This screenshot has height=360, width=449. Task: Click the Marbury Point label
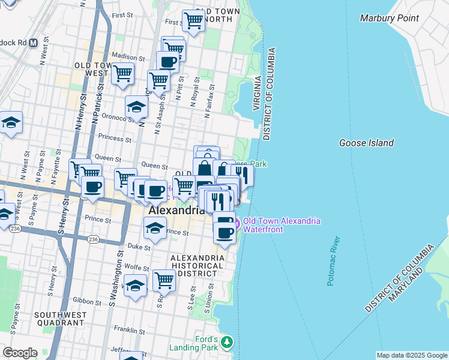coord(389,18)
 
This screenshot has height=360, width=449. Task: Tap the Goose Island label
coord(366,143)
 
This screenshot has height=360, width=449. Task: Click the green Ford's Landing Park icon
coord(226,343)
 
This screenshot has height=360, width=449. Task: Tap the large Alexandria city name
coord(176,211)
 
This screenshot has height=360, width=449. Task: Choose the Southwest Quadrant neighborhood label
coord(56,319)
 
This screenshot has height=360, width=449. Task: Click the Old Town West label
coord(91,69)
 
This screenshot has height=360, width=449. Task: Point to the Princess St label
coord(115,139)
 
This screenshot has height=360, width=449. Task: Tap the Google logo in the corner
coord(20,353)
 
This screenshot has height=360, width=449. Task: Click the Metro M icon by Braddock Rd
coord(33,43)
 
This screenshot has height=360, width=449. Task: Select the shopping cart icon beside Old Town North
coord(193,20)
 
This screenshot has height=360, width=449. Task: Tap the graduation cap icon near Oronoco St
coord(136,107)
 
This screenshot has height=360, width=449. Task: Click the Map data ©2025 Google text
coord(411,355)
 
